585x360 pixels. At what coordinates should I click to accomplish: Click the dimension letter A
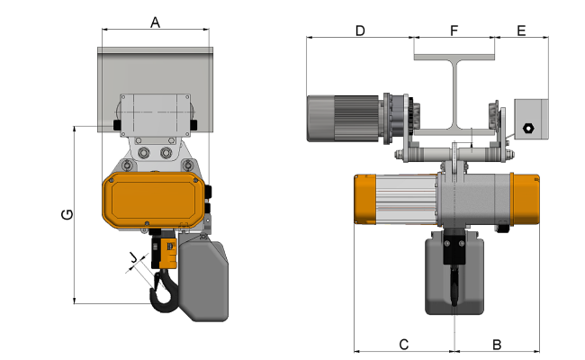click(x=155, y=22)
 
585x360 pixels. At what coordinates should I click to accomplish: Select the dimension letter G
click(x=67, y=214)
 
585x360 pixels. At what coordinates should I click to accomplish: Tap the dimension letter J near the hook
click(x=133, y=257)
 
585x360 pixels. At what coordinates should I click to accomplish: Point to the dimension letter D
click(x=360, y=31)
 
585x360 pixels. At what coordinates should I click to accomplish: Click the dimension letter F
click(x=454, y=31)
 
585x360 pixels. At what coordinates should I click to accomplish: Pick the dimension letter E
click(x=521, y=31)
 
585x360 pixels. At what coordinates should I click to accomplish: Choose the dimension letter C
click(x=404, y=345)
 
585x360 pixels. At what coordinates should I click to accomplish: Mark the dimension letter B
click(x=497, y=345)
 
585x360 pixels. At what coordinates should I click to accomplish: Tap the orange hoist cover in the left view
click(x=153, y=200)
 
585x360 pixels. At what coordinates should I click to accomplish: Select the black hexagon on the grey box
click(x=528, y=129)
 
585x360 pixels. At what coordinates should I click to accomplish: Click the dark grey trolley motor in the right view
click(x=343, y=119)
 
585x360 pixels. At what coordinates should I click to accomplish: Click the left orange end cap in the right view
click(x=364, y=200)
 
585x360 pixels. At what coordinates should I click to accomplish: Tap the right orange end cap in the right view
click(x=526, y=200)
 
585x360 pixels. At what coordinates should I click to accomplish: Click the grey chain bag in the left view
click(x=203, y=280)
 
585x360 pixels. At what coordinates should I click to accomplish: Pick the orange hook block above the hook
click(x=167, y=253)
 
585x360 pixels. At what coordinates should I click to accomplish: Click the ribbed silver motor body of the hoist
click(x=406, y=200)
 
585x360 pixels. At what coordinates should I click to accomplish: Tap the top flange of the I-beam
click(x=454, y=57)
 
